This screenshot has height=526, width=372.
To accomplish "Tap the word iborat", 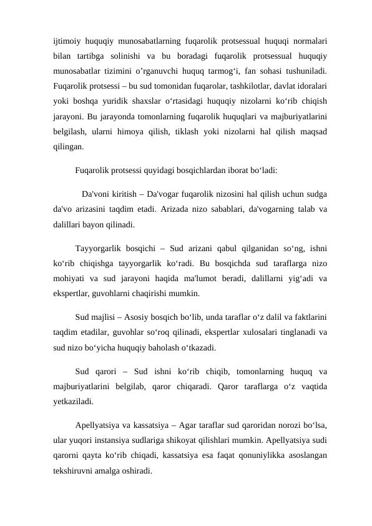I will (x=233, y=169).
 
